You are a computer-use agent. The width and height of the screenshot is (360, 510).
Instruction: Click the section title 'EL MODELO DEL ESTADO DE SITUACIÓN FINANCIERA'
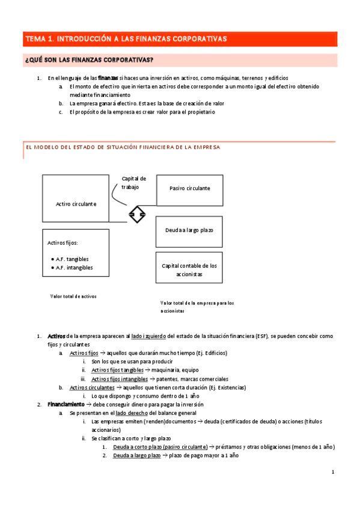(x=121, y=147)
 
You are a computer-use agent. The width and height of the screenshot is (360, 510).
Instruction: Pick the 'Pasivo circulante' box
(x=190, y=188)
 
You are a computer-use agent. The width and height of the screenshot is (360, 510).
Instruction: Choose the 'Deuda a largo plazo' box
(x=190, y=230)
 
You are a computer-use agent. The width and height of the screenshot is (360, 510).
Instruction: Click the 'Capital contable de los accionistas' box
(x=190, y=269)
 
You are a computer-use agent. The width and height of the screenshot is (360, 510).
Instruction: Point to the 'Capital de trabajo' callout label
(x=133, y=183)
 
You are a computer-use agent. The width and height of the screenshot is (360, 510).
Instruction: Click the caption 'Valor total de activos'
(x=73, y=296)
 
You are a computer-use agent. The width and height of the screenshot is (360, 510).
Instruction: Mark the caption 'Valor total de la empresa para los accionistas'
(x=197, y=307)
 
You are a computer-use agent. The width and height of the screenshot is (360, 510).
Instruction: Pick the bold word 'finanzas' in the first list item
(x=108, y=78)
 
